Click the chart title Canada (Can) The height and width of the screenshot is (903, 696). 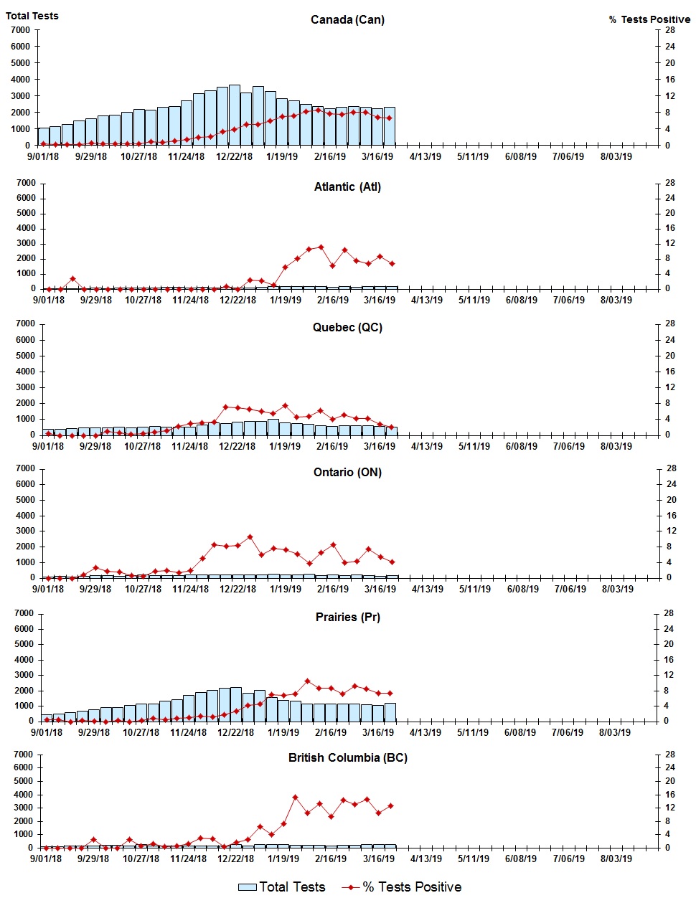tap(347, 20)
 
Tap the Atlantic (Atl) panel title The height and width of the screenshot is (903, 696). tap(347, 187)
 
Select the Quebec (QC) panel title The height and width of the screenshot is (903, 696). tap(347, 328)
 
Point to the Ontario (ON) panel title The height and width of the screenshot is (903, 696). tap(347, 473)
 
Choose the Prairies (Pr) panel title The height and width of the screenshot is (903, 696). tap(347, 618)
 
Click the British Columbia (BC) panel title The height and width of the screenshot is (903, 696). tap(347, 758)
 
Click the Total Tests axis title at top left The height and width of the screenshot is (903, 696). tap(32, 16)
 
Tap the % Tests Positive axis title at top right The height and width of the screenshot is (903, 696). tap(649, 20)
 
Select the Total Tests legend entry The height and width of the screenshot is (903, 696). tap(282, 887)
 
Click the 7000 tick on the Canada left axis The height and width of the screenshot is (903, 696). tap(21, 30)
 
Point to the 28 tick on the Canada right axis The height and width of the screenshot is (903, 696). tap(669, 30)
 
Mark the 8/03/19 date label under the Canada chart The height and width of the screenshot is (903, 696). tap(616, 156)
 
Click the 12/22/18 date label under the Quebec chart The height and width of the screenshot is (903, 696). tap(237, 446)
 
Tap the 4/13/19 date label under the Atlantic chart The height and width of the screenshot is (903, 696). tap(426, 300)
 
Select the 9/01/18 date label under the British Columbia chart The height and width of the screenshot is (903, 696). tap(46, 859)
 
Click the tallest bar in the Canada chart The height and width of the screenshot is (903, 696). tap(235, 115)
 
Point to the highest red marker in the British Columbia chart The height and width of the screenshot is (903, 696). tap(295, 797)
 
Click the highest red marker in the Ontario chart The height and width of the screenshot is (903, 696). tap(250, 536)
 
